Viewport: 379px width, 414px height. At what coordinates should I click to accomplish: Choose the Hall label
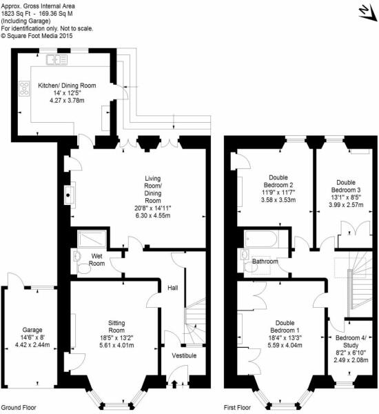[173, 288]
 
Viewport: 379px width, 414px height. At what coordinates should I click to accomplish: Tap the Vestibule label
[184, 355]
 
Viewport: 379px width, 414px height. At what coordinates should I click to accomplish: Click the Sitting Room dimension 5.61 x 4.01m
[112, 347]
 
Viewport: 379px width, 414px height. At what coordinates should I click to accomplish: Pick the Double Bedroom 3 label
[344, 180]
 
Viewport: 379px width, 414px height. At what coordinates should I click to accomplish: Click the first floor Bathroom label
[265, 262]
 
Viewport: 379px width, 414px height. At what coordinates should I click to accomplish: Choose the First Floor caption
[240, 408]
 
